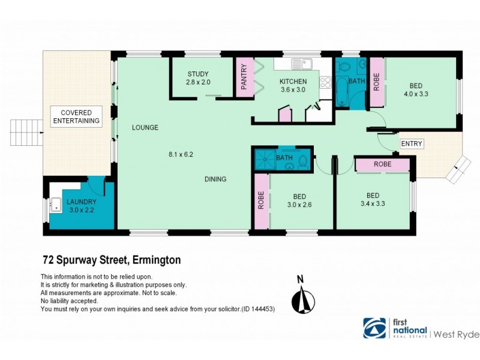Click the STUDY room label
(x=198, y=74)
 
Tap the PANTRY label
(x=244, y=77)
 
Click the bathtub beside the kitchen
(x=341, y=90)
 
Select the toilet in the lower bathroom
(x=304, y=161)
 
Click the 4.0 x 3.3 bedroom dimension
(x=415, y=94)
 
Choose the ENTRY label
(x=412, y=143)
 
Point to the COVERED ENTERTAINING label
(x=76, y=116)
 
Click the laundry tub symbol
(x=56, y=205)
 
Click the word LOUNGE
(x=145, y=127)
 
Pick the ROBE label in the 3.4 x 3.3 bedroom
(x=383, y=164)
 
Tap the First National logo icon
(x=374, y=328)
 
